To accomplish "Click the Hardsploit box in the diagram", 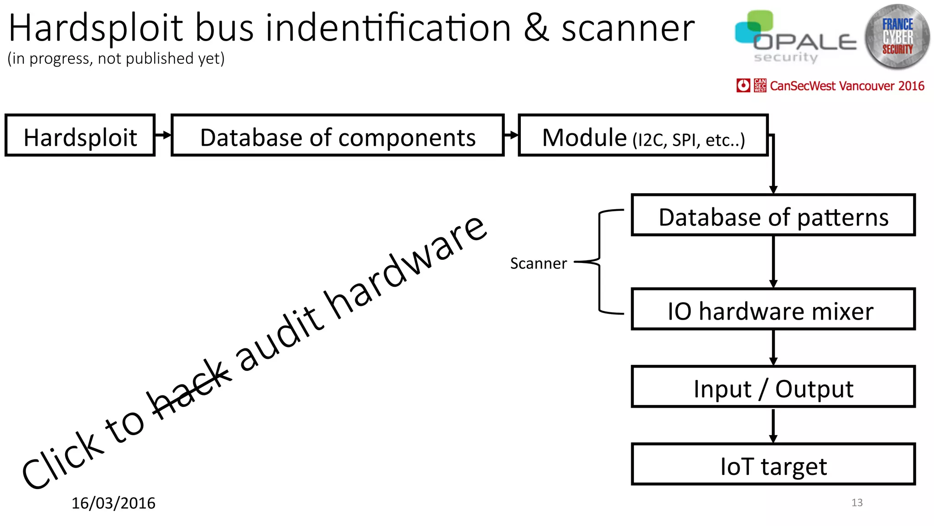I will click(80, 136).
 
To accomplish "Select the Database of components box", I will click(337, 136).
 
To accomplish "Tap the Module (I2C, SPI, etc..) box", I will click(643, 136).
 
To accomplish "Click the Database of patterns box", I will click(773, 216).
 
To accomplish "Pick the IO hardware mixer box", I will click(773, 310).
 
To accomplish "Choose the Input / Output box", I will click(773, 387).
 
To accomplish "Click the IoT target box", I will click(773, 465).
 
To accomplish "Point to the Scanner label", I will click(538, 263).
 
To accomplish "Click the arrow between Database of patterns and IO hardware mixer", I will click(773, 262).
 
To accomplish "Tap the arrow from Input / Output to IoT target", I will click(773, 425).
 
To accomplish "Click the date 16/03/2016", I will click(113, 503).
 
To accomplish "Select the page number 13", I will click(857, 503).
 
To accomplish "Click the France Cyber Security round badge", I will click(897, 37).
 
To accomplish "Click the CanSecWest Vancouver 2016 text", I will click(847, 86).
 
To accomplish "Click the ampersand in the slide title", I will click(536, 28).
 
